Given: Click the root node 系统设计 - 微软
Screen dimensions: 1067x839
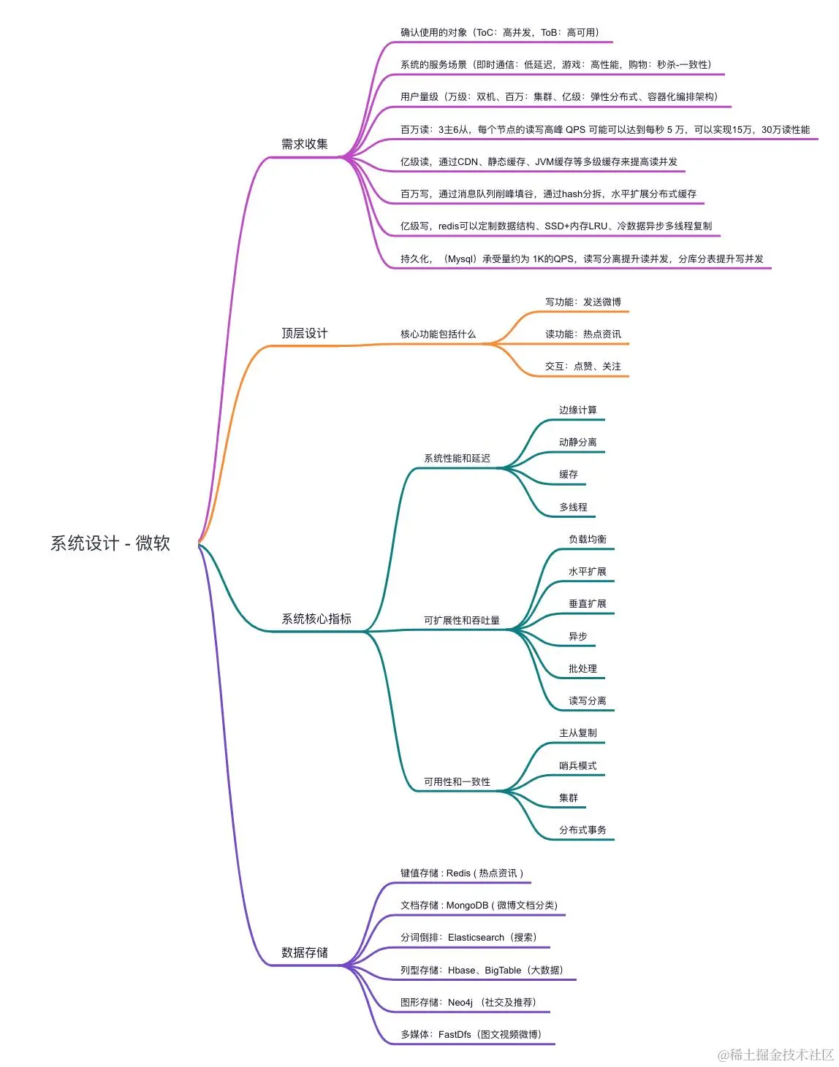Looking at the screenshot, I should pos(110,543).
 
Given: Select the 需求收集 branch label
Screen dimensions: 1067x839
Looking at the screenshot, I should pos(305,145).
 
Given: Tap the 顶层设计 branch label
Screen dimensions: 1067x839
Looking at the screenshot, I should pos(305,334).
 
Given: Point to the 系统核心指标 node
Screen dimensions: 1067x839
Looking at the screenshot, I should pos(316,619).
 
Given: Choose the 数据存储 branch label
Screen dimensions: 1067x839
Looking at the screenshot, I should pos(305,953).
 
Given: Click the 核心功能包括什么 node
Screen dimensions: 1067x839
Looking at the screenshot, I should pos(438,334).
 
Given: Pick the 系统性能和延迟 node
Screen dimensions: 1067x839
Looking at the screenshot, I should pos(457,459).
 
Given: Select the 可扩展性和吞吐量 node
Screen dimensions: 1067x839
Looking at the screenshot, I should pos(462,621).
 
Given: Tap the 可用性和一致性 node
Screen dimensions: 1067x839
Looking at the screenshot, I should pos(457,782).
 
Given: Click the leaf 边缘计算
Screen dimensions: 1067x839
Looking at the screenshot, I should pos(577,410).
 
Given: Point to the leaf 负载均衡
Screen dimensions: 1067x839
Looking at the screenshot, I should pos(588,540).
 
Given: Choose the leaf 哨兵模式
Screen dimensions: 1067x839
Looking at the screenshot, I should pos(577,766).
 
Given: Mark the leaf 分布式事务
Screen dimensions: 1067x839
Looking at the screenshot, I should pos(582,830).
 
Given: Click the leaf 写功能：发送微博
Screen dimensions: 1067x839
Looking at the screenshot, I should pos(583,302).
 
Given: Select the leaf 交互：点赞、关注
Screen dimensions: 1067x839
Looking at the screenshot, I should pos(583,367).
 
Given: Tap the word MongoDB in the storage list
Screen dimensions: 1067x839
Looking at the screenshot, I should pos(467,906).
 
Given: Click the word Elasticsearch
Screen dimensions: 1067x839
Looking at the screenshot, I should pos(476,938).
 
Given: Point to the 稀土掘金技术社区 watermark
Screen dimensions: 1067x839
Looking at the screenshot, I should pos(776,1055).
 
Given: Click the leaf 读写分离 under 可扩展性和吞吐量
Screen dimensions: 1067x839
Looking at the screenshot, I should pos(588,701).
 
